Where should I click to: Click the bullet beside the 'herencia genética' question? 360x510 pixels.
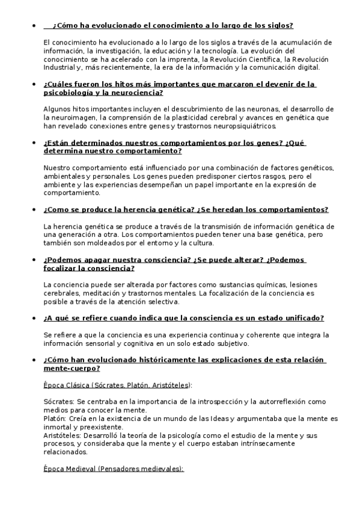tap(35, 210)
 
